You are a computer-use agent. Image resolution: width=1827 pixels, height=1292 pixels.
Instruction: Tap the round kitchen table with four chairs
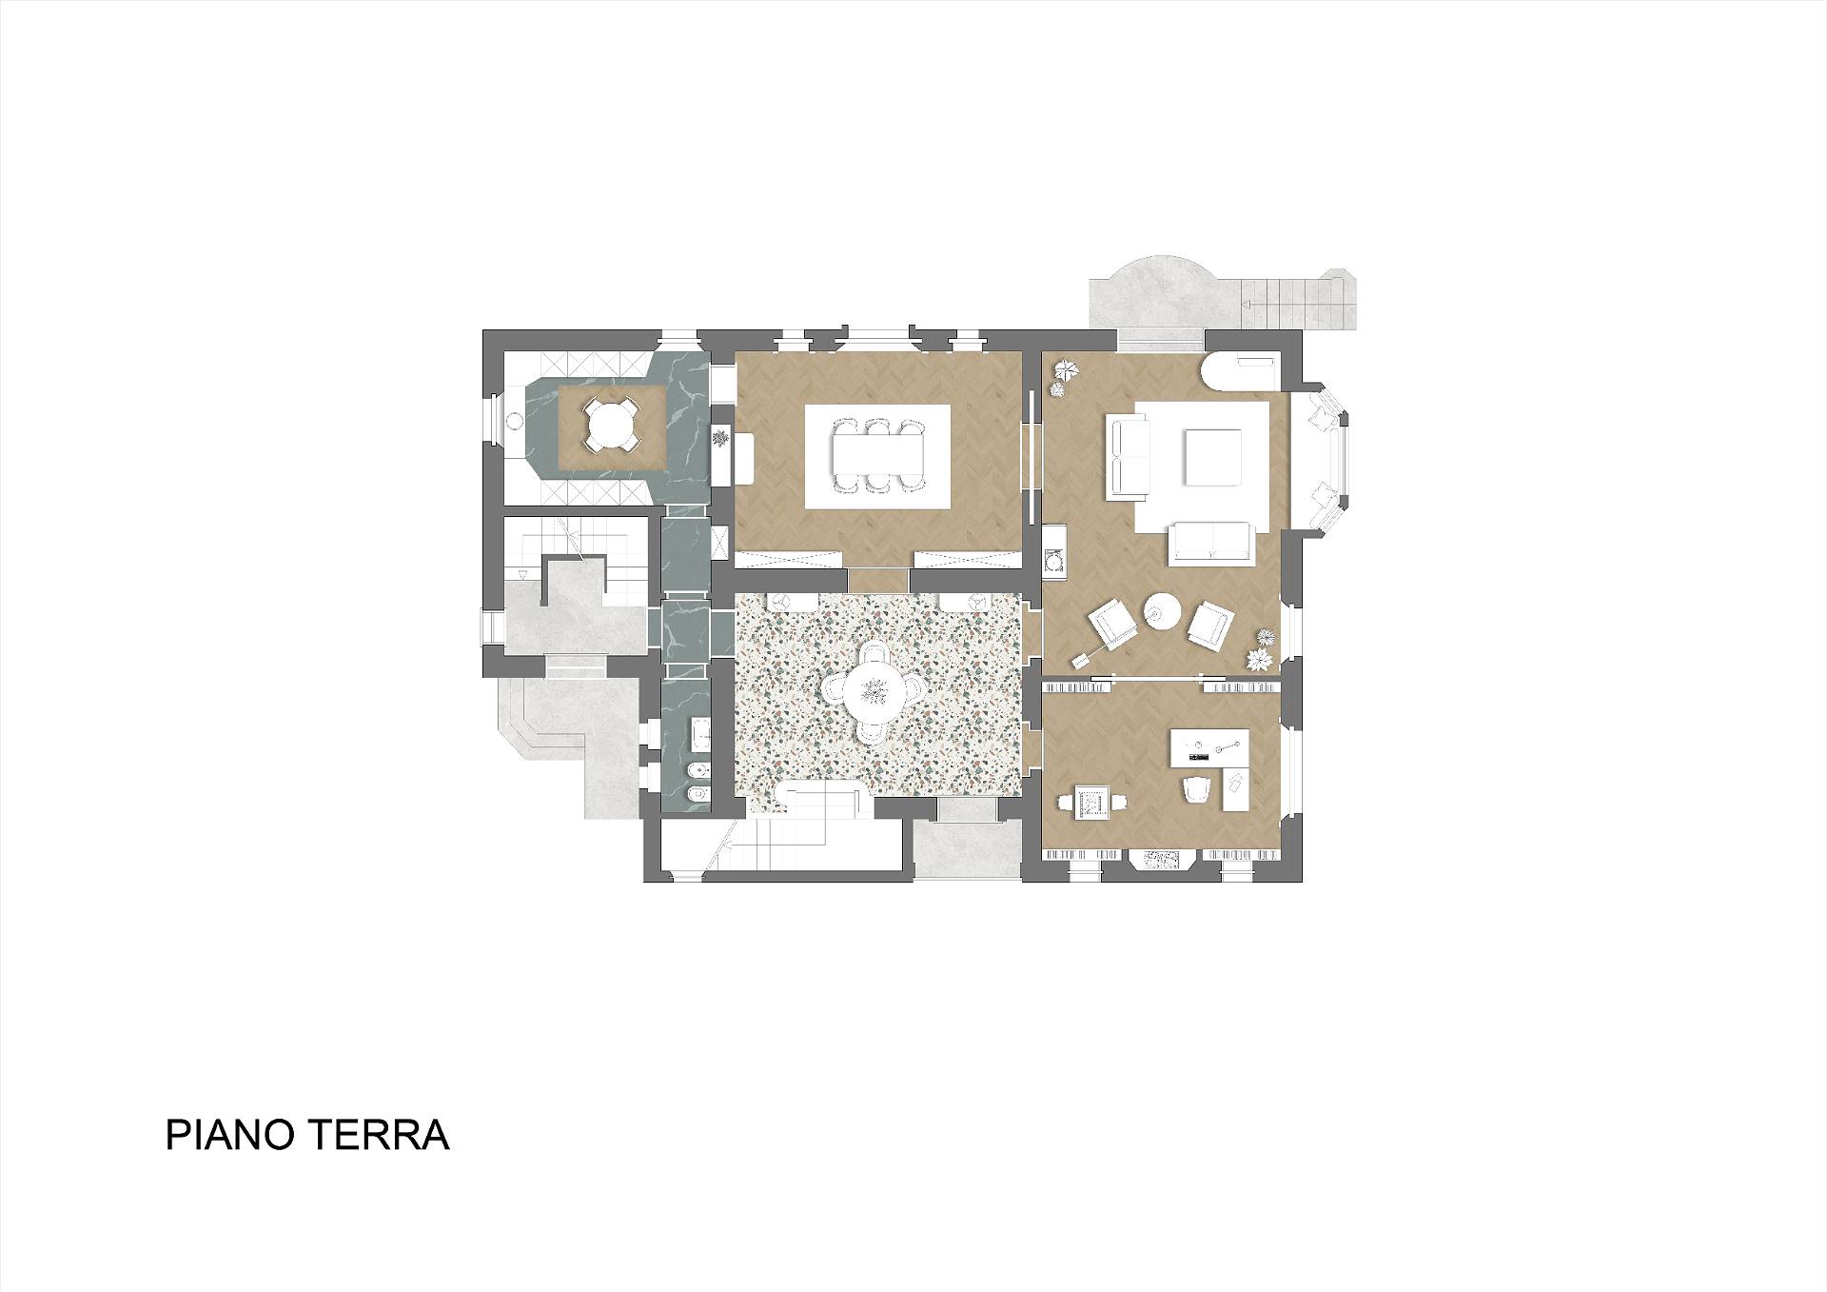609,425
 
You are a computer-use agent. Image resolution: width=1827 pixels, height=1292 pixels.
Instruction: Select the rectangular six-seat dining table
877,456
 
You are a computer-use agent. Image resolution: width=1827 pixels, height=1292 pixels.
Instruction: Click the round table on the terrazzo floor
875,691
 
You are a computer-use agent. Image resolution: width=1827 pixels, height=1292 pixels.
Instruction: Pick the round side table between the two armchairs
1162,610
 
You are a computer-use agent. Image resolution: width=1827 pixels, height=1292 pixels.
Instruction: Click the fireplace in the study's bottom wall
1161,860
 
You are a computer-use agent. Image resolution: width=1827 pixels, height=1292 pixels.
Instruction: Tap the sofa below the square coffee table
1210,542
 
